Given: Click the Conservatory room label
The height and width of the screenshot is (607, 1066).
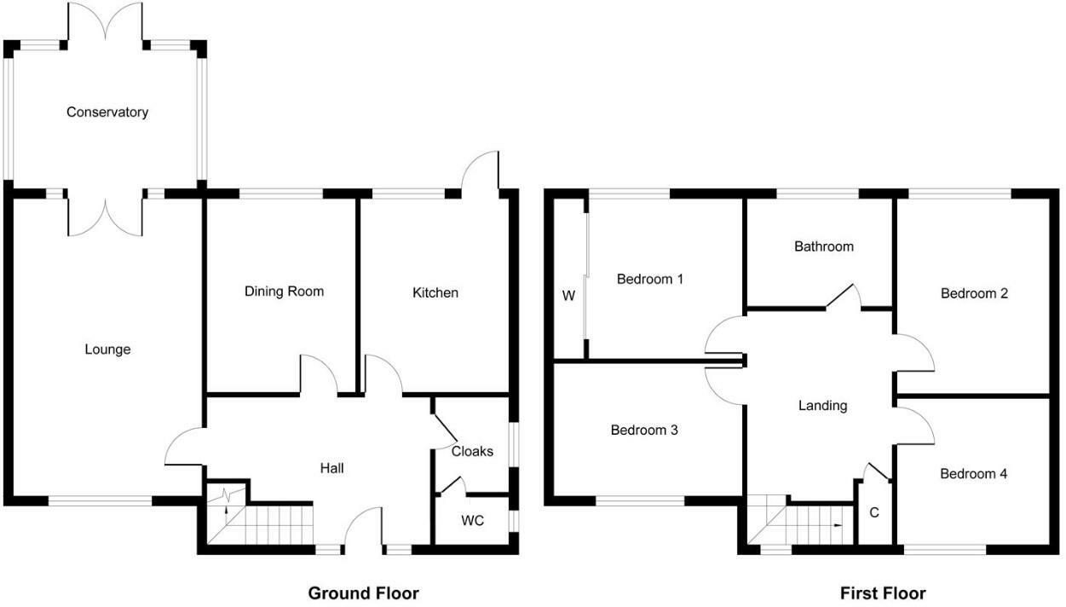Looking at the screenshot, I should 107,112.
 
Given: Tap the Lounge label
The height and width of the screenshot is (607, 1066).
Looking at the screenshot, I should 108,349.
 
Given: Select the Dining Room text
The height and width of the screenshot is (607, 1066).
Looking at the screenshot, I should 284,291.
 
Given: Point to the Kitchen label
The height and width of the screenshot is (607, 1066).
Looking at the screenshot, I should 435,292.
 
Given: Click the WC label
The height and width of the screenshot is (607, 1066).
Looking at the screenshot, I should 472,520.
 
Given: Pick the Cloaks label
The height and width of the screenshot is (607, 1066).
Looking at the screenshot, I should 472,451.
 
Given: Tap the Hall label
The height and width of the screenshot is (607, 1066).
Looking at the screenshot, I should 331,467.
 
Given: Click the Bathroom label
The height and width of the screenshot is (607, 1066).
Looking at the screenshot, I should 823,246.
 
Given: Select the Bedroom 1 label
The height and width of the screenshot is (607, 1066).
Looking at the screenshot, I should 650,279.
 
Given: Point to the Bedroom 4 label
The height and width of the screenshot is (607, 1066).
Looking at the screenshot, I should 974,473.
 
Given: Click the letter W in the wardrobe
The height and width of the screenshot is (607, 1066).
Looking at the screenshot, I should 568,296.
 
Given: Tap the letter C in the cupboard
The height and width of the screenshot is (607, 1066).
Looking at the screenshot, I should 873,513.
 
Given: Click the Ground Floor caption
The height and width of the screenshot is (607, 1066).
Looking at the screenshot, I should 363,593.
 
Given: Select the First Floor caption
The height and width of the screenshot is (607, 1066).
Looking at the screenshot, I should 883,593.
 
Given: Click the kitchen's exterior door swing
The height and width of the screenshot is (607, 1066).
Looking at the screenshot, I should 479,171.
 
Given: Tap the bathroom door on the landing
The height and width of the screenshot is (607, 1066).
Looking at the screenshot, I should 844,295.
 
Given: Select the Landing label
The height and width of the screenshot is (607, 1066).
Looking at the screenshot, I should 822,405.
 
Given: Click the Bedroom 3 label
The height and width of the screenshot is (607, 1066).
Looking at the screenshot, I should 644,430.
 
